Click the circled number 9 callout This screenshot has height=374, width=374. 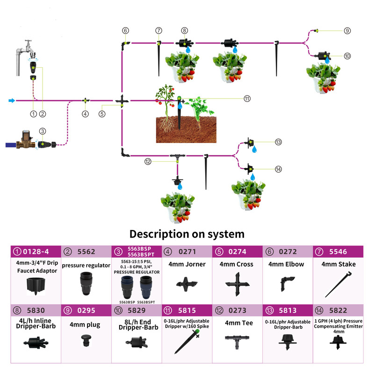point(347,31)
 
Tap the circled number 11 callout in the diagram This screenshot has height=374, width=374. point(247,99)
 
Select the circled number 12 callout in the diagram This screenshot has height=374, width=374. point(148,161)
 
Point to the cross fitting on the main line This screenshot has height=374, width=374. point(121,101)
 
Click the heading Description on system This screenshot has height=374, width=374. point(187,233)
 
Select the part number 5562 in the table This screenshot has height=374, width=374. point(86,252)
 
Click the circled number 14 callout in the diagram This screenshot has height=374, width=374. point(279,169)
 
